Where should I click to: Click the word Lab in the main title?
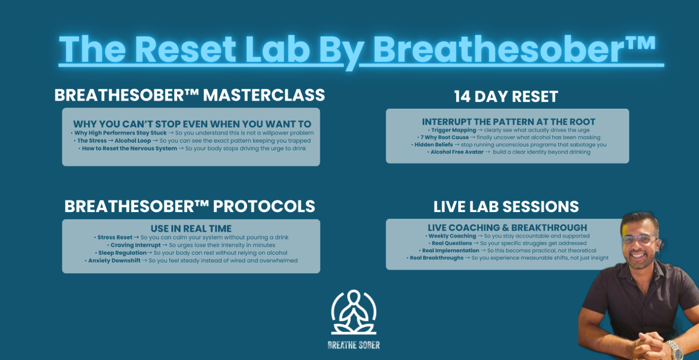[278, 49]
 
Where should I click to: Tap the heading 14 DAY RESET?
[506, 97]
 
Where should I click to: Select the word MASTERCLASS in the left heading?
[264, 95]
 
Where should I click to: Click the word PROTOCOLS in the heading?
[264, 206]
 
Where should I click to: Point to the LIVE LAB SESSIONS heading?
[506, 207]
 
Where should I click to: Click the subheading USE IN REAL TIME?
[191, 229]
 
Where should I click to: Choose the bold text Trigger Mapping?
[453, 130]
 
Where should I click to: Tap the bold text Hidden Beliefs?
[433, 145]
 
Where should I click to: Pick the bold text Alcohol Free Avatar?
[457, 152]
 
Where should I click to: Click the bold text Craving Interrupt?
[135, 245]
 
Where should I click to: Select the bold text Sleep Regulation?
[122, 253]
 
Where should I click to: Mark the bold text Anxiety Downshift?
[114, 261]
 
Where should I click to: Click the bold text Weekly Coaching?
[452, 236]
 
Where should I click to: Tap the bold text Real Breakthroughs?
[436, 258]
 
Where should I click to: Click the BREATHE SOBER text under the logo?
[353, 345]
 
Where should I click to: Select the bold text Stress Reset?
[115, 237]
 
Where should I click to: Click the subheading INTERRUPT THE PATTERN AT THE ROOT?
[509, 122]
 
